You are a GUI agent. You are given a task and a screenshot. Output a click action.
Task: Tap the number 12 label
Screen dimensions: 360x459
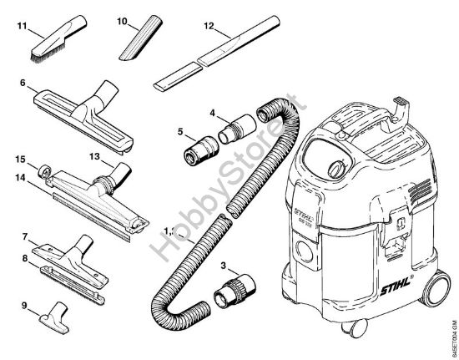tap(209, 26)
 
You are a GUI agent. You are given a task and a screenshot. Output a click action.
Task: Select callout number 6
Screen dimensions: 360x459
tap(22, 84)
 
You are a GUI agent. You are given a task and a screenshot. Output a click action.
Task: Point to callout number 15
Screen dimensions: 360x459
tap(21, 157)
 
